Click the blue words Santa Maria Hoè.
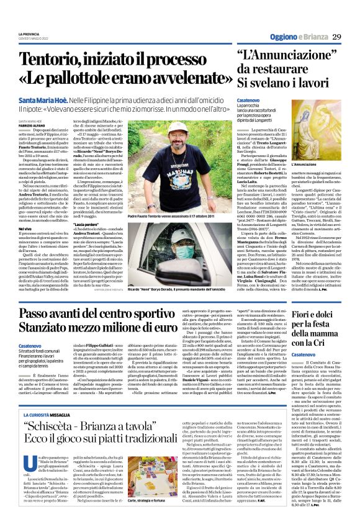(x=43, y=100)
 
